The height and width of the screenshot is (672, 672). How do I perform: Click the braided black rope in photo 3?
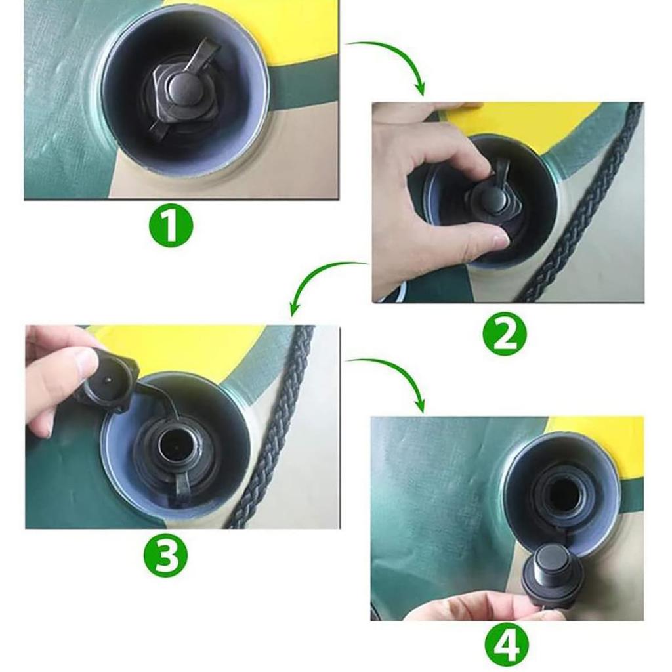click(x=274, y=427)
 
